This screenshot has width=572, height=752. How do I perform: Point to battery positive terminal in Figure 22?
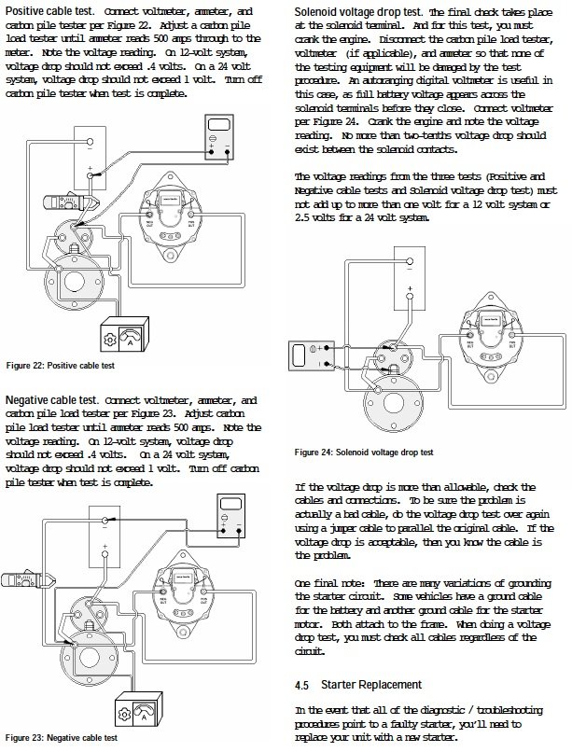[91, 173]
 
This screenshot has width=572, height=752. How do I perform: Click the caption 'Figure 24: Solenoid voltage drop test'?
[364, 452]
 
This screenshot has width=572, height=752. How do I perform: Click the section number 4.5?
[301, 684]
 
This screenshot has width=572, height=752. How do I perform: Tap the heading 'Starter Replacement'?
[365, 684]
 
